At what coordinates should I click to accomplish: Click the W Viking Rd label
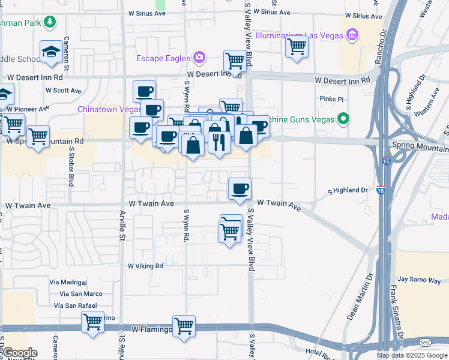click(145, 266)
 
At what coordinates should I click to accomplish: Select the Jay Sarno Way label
click(419, 280)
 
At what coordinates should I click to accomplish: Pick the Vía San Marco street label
click(81, 293)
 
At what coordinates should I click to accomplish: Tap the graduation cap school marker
click(52, 52)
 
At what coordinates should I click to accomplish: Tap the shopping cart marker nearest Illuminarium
click(297, 46)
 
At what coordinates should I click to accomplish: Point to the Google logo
click(19, 353)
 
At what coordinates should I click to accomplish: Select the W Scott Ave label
click(64, 91)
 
